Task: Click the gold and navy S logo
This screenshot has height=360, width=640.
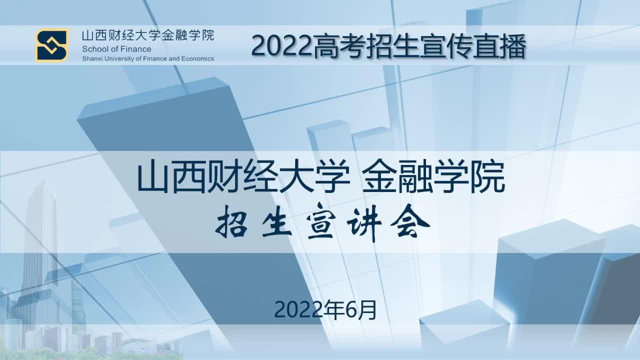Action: tap(52, 45)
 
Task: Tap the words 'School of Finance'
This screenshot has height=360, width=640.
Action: tap(116, 49)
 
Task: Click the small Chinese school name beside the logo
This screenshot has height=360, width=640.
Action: tap(148, 35)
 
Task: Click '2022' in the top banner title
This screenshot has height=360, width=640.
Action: tap(281, 47)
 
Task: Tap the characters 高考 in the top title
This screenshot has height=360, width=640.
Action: tap(338, 46)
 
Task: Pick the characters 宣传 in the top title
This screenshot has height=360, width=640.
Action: tap(445, 46)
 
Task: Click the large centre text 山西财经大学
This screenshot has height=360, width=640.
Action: tap(243, 177)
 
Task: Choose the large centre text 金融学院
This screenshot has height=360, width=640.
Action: tap(433, 177)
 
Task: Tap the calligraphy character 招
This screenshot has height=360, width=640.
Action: tap(232, 223)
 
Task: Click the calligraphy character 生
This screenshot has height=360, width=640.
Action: tap(276, 223)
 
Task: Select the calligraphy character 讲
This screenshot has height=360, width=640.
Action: tap(364, 223)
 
